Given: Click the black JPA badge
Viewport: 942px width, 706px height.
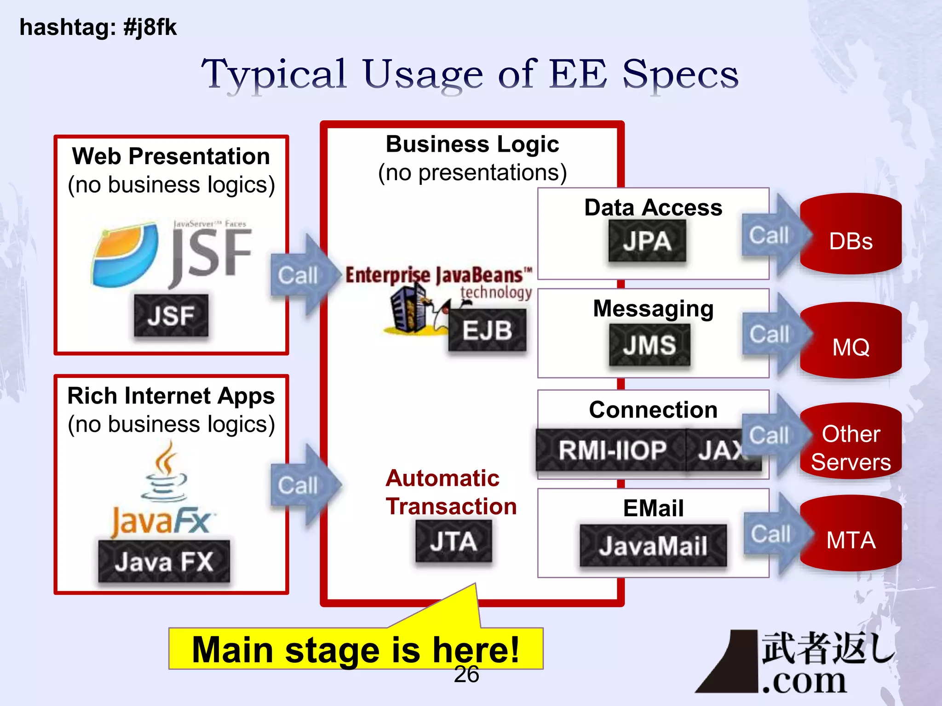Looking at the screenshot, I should click(647, 241).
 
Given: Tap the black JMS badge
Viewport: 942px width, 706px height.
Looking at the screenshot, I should click(649, 345).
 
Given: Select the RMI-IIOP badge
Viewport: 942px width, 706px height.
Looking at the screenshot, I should click(612, 450).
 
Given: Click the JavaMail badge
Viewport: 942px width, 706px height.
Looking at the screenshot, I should click(653, 546).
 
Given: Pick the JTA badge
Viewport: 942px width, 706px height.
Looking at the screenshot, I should click(454, 541).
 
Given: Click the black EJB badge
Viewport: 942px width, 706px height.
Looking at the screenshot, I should click(487, 330).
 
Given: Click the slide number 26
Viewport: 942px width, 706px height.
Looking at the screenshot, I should click(466, 675).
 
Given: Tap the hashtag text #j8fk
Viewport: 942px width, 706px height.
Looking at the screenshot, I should click(150, 27).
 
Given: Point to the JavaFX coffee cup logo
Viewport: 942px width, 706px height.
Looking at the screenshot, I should click(164, 473).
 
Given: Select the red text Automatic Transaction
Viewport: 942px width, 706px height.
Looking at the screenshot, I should click(451, 492).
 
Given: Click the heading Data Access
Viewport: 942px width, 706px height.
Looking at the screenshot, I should click(653, 208).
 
